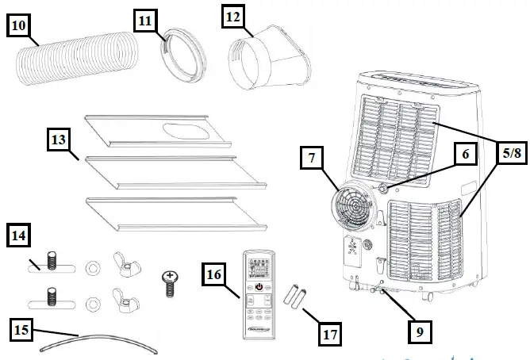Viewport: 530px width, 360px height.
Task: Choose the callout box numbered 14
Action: (21, 236)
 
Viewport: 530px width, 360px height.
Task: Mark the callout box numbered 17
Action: (329, 334)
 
